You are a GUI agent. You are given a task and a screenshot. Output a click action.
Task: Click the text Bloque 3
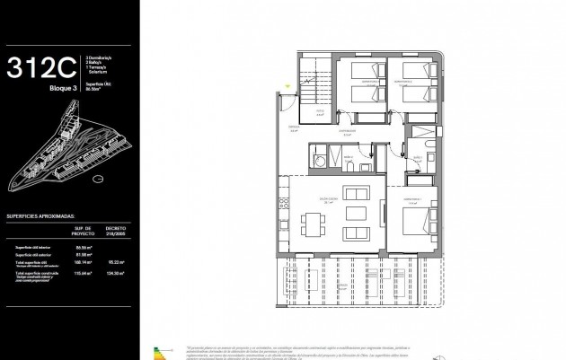point(64,90)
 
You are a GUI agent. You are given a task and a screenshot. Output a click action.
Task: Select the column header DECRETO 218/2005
point(115,232)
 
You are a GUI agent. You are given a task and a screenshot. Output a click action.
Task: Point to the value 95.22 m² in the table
point(115,263)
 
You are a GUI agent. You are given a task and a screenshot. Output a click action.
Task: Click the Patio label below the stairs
point(318,113)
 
